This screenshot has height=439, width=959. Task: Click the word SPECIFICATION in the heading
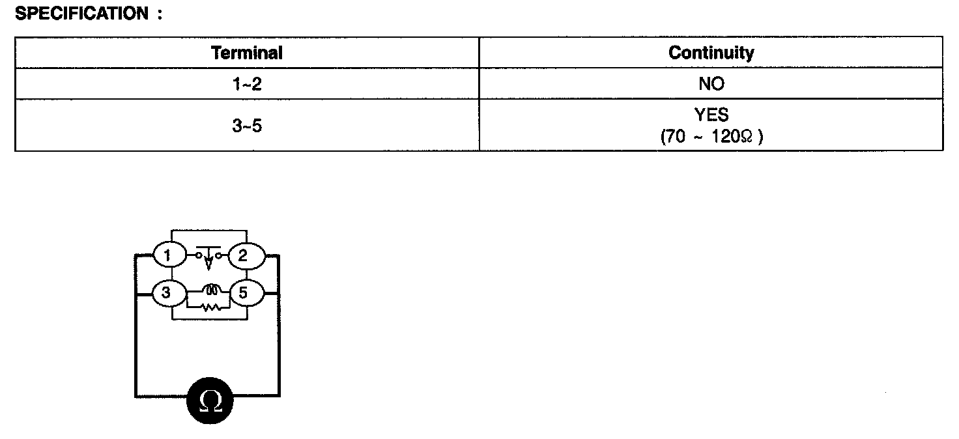tap(81, 14)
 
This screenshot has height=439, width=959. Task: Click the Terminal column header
tap(247, 53)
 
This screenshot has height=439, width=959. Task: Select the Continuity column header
tap(711, 53)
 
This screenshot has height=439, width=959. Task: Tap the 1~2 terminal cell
tap(247, 84)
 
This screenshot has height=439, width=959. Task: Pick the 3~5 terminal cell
tap(247, 126)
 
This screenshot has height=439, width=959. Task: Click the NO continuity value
tap(711, 84)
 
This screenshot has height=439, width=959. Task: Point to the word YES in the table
tap(711, 115)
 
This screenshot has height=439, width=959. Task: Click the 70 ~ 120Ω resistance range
tap(711, 137)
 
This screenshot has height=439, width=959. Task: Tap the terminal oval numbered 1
tap(167, 255)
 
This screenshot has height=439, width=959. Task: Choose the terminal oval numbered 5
tap(244, 293)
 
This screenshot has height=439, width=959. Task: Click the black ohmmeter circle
tap(210, 400)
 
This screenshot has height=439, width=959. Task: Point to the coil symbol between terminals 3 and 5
tap(210, 290)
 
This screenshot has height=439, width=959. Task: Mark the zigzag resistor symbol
tap(210, 306)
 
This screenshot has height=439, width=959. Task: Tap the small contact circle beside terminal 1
tap(198, 255)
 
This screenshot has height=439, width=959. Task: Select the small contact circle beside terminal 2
tap(220, 255)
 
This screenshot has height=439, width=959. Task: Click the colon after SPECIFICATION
tap(159, 14)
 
